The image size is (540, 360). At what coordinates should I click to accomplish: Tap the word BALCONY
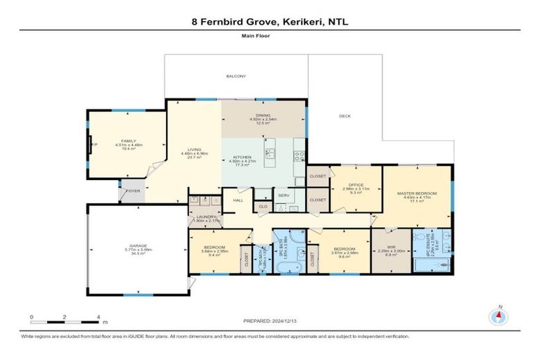coord(236,76)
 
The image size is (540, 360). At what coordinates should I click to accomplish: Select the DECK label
coord(345,116)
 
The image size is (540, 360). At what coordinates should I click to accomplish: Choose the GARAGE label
coord(137,245)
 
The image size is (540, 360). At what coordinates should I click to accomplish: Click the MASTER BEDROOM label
coord(417,193)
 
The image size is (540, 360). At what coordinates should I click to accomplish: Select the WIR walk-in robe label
coord(392,247)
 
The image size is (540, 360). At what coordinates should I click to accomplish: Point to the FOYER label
coord(133,191)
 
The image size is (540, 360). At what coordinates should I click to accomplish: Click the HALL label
coord(238,200)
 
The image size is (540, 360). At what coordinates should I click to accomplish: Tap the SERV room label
coord(284,195)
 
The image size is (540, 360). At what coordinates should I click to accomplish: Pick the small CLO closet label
coord(263,207)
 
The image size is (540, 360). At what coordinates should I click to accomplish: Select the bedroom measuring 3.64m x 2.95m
coord(214,248)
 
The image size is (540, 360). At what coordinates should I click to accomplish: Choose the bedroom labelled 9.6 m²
coord(345,251)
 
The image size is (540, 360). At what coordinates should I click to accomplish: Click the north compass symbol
coord(500,315)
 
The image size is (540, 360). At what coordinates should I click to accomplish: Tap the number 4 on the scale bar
coord(98,317)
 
